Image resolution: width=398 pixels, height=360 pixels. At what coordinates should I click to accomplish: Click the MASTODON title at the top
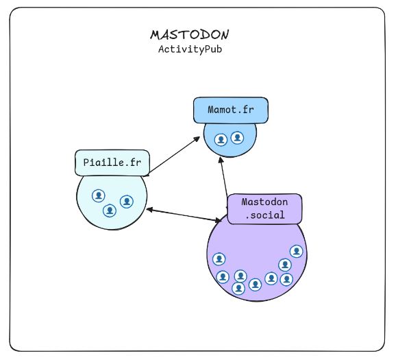coord(190,34)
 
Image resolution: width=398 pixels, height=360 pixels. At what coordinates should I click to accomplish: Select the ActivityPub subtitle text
coord(190,49)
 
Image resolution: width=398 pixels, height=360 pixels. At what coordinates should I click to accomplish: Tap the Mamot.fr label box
coord(229,110)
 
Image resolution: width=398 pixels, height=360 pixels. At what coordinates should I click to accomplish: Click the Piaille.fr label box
coord(111,163)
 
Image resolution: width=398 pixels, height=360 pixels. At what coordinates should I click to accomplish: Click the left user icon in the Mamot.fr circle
coord(221,139)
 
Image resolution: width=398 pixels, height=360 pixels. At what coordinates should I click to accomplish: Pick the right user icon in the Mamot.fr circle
coord(237,138)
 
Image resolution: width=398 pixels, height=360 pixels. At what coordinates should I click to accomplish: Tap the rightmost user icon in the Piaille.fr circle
coord(127,201)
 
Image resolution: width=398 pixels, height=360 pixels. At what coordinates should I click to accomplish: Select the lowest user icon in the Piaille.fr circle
coord(108,211)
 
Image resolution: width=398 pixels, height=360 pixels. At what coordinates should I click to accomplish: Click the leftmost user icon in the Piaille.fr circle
coord(98,195)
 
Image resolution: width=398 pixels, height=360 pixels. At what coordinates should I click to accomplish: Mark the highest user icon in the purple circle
coord(297,251)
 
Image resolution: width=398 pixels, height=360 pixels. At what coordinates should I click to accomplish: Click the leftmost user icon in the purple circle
coord(219,259)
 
